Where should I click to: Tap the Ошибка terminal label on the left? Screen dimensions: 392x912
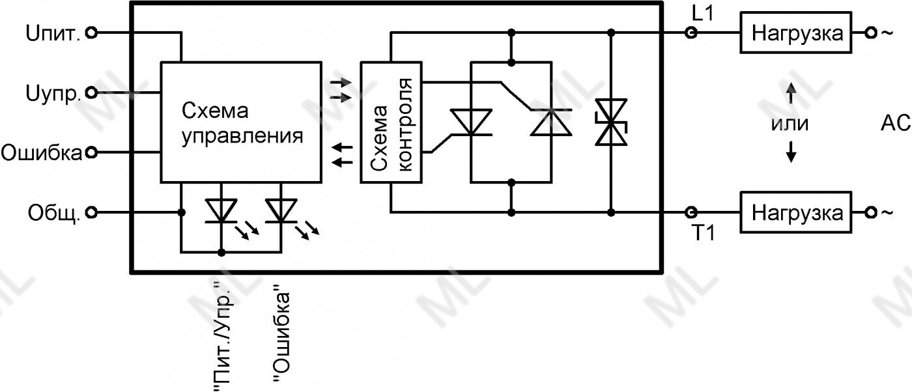click(42, 153)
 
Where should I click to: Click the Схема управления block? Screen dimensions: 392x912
click(241, 122)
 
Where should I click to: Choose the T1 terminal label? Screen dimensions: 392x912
click(702, 232)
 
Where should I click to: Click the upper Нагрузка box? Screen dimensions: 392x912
click(796, 33)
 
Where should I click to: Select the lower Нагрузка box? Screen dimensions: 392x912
click(796, 212)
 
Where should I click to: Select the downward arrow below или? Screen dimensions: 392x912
click(791, 153)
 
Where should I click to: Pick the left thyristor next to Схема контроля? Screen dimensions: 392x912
click(470, 122)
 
